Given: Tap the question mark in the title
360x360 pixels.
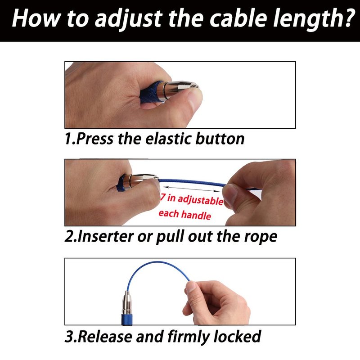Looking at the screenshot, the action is pyautogui.click(x=347, y=18).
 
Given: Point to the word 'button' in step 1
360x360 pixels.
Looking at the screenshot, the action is pyautogui.click(x=220, y=139).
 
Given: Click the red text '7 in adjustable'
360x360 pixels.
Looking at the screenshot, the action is pyautogui.click(x=192, y=199).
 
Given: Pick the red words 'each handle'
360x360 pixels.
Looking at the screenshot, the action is pyautogui.click(x=185, y=215).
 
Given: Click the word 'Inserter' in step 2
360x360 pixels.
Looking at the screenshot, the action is pyautogui.click(x=106, y=237).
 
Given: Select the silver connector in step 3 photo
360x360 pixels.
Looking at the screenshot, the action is pyautogui.click(x=127, y=302).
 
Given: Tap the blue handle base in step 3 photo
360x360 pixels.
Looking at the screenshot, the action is pyautogui.click(x=127, y=319).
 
